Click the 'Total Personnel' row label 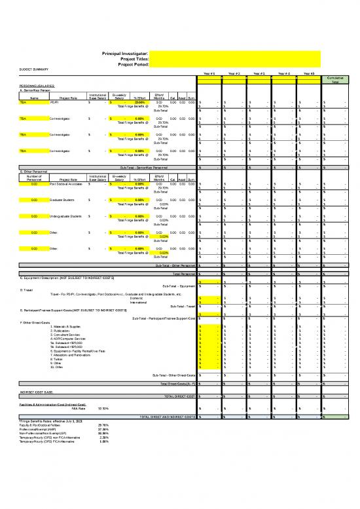182,273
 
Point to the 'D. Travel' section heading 27,289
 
